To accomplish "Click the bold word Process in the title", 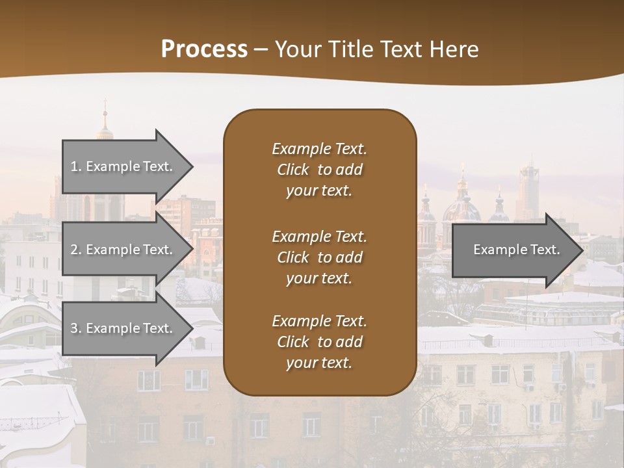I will pyautogui.click(x=204, y=49).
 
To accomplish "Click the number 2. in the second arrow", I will pyautogui.click(x=76, y=250).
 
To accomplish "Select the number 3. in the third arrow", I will pyautogui.click(x=76, y=328).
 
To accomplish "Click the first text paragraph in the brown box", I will pyautogui.click(x=319, y=170).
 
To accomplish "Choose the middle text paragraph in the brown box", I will pyautogui.click(x=319, y=257).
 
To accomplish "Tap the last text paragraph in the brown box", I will pyautogui.click(x=319, y=342).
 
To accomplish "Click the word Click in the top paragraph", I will pyautogui.click(x=293, y=170).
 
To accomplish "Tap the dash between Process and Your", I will pyautogui.click(x=261, y=49).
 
